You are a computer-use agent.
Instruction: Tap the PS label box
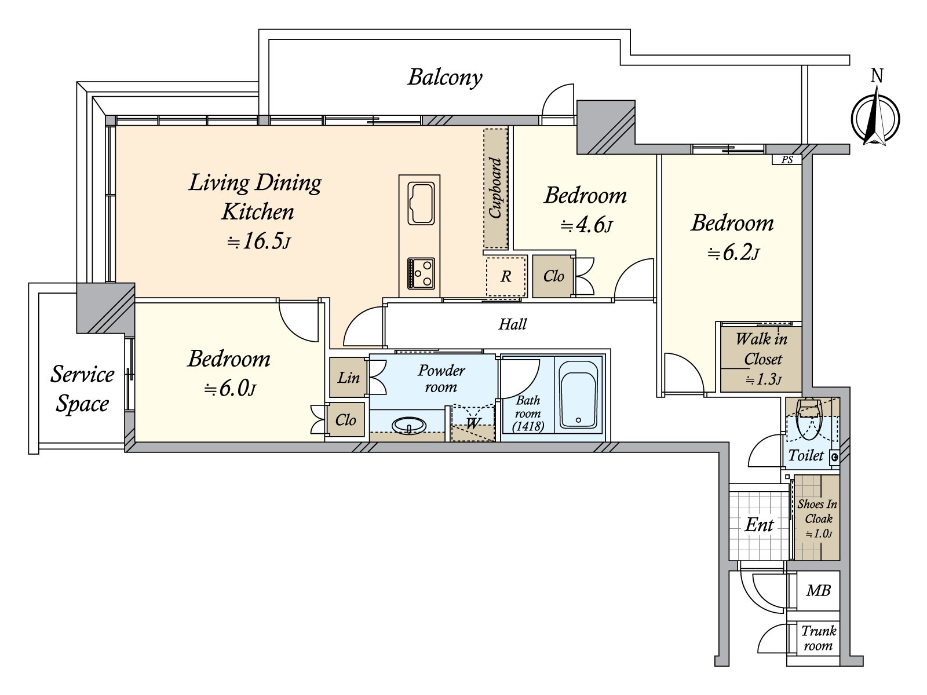(787, 160)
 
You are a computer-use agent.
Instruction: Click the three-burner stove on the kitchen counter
(421, 272)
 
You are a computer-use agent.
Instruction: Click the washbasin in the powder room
(409, 426)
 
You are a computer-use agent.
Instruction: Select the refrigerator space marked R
(506, 277)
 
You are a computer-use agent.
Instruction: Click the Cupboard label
(495, 188)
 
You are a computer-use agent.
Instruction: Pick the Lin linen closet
(349, 378)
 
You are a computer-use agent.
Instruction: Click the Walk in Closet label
(761, 349)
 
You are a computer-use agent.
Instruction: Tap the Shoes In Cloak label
(817, 511)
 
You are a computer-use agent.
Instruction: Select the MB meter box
(818, 591)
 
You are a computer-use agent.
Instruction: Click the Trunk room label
(818, 638)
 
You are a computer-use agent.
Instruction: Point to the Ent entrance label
(759, 525)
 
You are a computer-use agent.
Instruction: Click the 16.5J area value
(258, 242)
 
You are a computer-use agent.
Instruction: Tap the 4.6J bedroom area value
(586, 224)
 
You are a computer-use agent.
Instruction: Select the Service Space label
(82, 389)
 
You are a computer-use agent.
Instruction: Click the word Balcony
(444, 77)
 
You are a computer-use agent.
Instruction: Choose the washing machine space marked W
(473, 423)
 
